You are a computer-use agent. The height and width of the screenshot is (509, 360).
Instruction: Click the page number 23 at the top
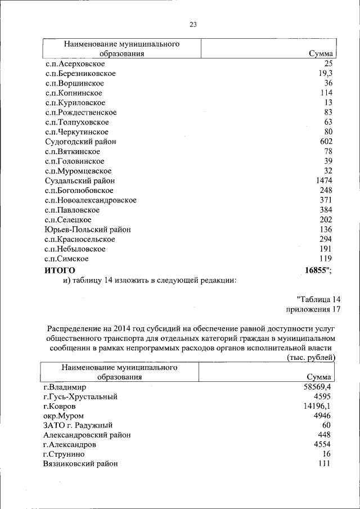click(x=193, y=24)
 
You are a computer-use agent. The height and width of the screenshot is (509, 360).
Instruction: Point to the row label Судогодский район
click(x=80, y=142)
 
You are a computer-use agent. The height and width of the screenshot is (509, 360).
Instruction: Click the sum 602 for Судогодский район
click(x=326, y=142)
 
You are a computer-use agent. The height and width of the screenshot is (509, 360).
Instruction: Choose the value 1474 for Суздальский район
click(x=324, y=181)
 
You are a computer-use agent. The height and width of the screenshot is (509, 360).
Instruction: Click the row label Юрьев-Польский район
click(x=87, y=229)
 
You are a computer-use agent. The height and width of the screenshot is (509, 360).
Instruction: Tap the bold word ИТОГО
click(x=60, y=271)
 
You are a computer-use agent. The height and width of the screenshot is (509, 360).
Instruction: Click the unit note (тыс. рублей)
click(x=311, y=357)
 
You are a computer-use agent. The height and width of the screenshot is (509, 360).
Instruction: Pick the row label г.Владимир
click(x=65, y=387)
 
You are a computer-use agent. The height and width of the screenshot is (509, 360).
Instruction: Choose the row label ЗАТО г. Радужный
click(x=78, y=425)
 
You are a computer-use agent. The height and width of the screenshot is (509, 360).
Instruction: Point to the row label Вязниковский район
click(x=80, y=464)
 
